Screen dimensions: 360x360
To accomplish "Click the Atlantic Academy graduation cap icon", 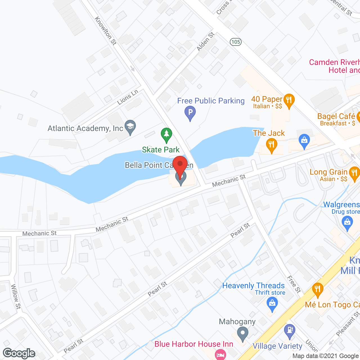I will (x=130, y=127).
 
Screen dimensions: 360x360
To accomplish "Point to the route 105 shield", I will (x=235, y=42).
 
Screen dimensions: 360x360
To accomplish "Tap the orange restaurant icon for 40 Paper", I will (x=289, y=100).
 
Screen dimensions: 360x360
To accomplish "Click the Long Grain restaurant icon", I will (x=354, y=173).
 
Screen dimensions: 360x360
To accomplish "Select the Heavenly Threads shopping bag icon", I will (x=272, y=304).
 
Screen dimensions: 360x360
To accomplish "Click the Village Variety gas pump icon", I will (x=289, y=330).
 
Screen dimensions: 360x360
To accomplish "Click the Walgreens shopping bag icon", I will (x=347, y=222).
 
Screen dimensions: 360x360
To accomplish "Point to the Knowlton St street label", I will (x=105, y=31).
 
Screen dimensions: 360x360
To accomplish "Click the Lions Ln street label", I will (x=128, y=97).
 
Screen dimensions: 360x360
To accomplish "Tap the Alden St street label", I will (x=205, y=42).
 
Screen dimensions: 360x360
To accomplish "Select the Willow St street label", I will (x=16, y=296).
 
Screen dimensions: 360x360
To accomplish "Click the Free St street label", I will (x=294, y=284).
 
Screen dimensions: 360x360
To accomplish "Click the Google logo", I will (x=19, y=353).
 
